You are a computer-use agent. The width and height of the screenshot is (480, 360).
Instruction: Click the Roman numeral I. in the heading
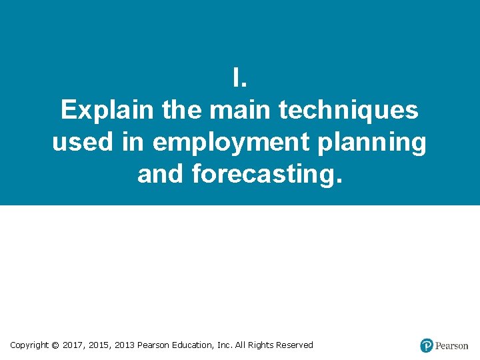coord(240,78)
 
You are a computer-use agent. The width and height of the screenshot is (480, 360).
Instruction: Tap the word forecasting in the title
coord(267,175)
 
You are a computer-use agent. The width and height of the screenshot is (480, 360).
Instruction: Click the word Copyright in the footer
coord(29,345)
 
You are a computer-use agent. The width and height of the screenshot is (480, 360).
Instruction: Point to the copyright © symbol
coord(55,345)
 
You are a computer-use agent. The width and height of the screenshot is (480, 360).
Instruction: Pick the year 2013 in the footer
coord(124,345)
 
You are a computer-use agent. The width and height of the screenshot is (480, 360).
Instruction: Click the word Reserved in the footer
coord(294,345)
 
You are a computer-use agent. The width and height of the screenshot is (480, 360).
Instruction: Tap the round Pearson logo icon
coord(427,345)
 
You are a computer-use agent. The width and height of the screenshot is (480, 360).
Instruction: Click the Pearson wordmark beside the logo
coord(452,346)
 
